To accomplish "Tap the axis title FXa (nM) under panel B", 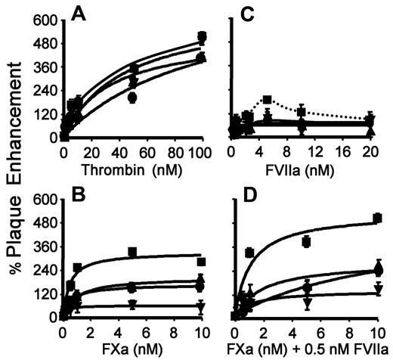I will pyautogui.click(x=131, y=350).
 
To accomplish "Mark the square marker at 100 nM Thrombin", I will pyautogui.click(x=202, y=36).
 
